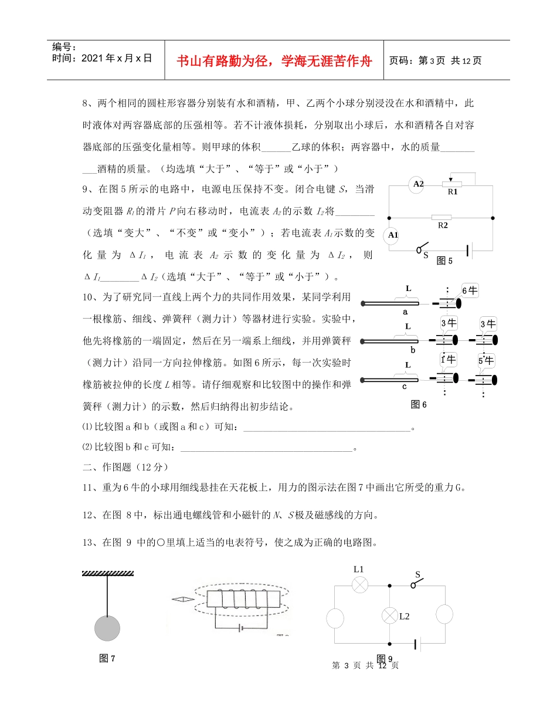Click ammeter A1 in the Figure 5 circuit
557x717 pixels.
(392, 235)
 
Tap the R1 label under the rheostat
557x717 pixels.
(453, 192)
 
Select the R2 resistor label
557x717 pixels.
(444, 225)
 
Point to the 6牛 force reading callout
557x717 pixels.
(470, 290)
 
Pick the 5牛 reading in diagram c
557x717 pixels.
(487, 360)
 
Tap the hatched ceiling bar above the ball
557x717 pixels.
(107, 572)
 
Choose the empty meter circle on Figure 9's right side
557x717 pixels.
(444, 614)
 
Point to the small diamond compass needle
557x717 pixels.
(182, 600)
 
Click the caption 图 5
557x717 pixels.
(444, 262)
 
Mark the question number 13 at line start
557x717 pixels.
(87, 543)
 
